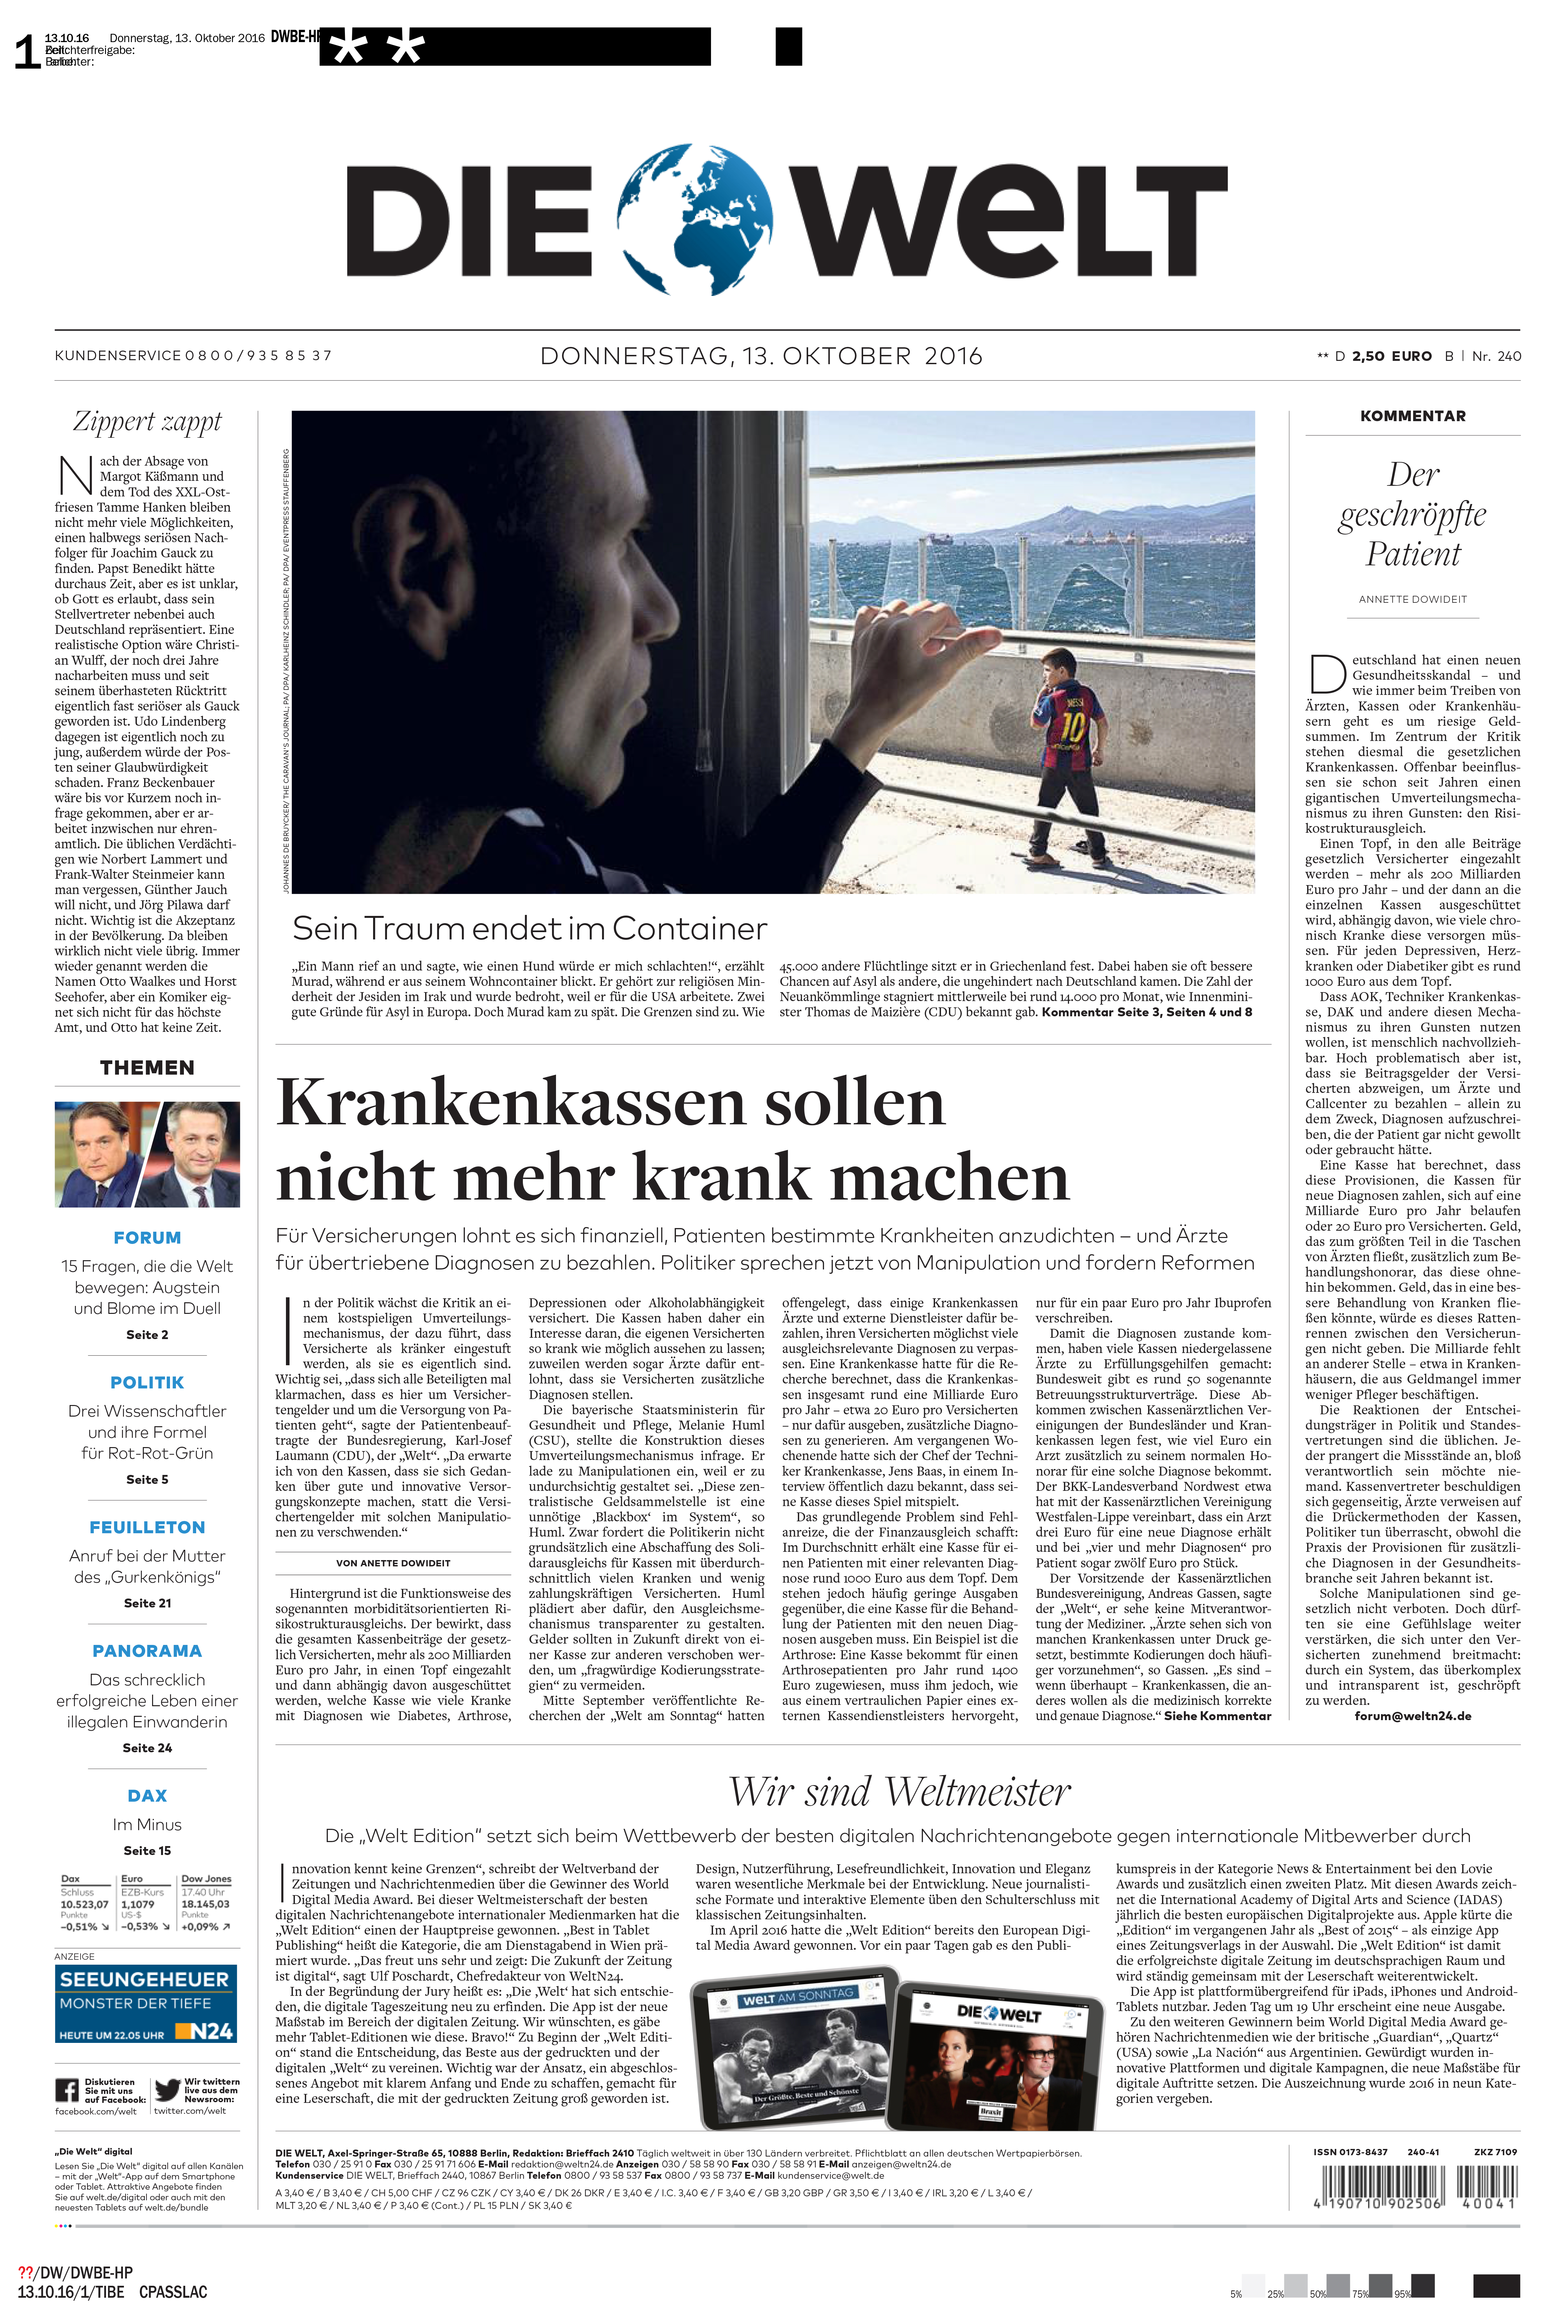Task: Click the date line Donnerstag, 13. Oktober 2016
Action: pos(761,356)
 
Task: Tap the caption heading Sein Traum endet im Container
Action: pos(529,928)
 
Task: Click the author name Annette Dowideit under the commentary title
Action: pos(1412,599)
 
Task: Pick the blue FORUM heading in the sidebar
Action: pos(147,1237)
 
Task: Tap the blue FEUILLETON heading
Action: pos(147,1528)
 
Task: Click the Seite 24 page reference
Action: pos(147,1748)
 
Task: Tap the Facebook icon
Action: pos(67,2090)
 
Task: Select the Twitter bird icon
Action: pos(167,2089)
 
